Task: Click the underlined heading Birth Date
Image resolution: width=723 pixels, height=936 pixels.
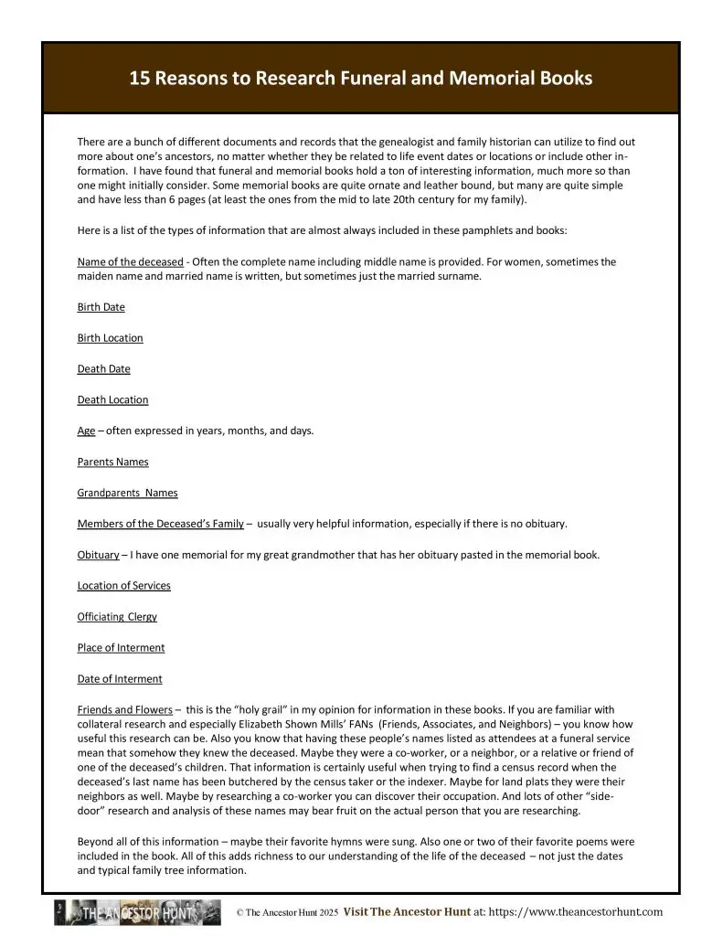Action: tap(101, 307)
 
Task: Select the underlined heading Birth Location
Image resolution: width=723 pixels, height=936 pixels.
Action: tap(110, 338)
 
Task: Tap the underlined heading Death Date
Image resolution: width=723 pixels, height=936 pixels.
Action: tap(103, 369)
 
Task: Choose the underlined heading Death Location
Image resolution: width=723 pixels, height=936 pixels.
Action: tap(112, 400)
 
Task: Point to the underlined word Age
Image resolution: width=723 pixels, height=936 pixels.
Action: tap(86, 431)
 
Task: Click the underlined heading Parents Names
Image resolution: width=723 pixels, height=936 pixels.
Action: tap(112, 463)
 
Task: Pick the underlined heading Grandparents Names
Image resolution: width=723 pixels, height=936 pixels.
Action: tap(127, 494)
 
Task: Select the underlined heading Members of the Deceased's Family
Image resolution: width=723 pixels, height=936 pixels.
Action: tap(160, 525)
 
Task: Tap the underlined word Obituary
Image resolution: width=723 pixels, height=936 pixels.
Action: tap(98, 556)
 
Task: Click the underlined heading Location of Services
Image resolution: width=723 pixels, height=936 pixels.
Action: tap(123, 586)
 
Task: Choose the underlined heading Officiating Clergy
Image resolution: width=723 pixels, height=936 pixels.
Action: tap(117, 617)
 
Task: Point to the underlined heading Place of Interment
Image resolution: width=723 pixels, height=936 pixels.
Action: tap(121, 648)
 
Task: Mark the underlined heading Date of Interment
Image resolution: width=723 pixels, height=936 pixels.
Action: tap(120, 679)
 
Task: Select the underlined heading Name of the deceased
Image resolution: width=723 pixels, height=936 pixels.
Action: tap(130, 262)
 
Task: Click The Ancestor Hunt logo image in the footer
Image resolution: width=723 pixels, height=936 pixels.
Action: tap(137, 912)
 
